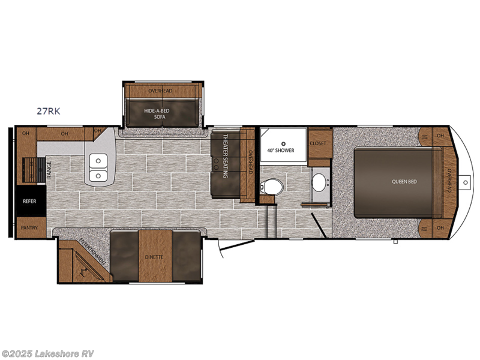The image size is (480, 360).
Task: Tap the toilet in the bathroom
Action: tap(271, 187)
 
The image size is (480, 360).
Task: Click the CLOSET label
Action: tap(317, 143)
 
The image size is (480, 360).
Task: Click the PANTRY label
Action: tap(29, 228)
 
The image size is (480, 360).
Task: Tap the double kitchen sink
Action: tap(97, 168)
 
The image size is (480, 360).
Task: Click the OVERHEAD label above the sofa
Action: tap(160, 91)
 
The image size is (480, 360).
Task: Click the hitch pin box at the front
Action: tap(466, 181)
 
